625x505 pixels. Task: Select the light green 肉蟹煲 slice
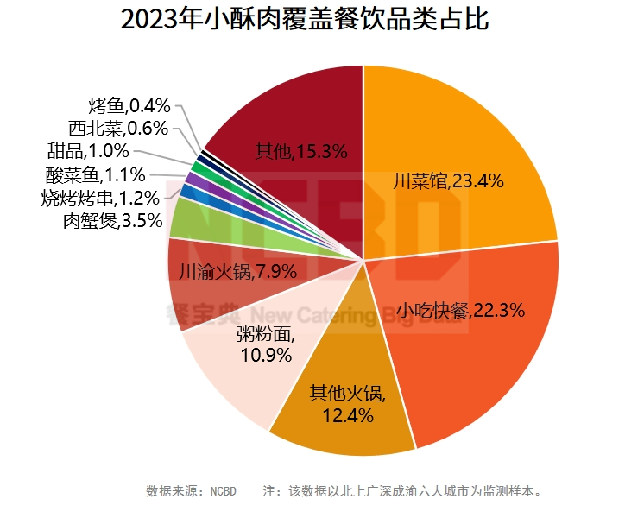[186, 219]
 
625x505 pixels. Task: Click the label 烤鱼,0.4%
[129, 106]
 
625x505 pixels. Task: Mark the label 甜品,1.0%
[88, 152]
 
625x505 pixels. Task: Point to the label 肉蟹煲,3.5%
[112, 221]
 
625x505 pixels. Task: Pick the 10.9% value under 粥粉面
[265, 355]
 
